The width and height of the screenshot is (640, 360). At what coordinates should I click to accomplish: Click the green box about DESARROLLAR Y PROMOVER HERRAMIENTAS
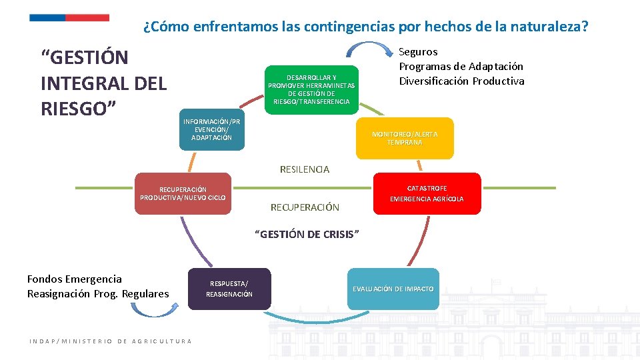(x=311, y=89)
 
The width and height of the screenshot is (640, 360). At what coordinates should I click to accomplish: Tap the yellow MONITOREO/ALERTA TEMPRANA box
(x=405, y=139)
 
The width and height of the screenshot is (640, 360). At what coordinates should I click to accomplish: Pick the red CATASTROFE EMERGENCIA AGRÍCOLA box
(x=427, y=193)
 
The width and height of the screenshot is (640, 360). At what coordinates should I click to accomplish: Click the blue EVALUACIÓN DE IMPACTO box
(x=393, y=289)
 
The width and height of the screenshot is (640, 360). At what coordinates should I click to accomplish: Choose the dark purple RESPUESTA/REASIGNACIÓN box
(x=229, y=289)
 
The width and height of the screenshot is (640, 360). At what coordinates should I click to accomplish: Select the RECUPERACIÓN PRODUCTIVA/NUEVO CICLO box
(x=183, y=194)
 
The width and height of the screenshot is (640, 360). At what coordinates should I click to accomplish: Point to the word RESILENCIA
(x=304, y=169)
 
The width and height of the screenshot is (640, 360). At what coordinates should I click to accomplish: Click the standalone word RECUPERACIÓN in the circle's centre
(x=305, y=207)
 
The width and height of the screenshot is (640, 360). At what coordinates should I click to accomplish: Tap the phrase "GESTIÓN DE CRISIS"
(x=308, y=234)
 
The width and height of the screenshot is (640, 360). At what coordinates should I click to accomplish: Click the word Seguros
(x=418, y=51)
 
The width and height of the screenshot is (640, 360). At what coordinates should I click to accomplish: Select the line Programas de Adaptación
(x=461, y=66)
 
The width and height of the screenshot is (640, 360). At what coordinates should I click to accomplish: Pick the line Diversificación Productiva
(x=461, y=81)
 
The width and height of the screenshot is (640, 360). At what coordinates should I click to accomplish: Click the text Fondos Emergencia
(x=75, y=279)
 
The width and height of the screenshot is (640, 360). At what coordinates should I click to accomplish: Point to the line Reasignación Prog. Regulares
(x=98, y=293)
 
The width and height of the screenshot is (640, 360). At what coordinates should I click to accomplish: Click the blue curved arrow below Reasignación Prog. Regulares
(x=151, y=309)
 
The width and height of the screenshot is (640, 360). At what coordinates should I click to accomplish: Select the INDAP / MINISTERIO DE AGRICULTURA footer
(x=111, y=341)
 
